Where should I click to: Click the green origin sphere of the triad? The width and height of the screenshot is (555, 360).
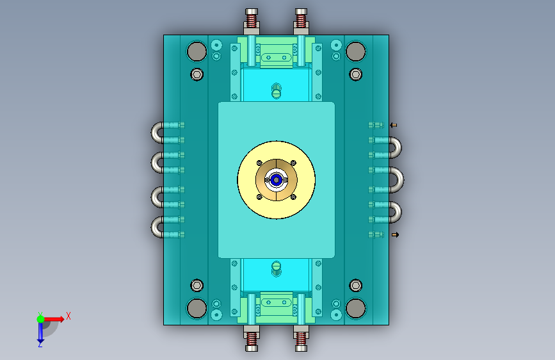41,319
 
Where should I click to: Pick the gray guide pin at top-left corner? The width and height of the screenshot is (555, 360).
197,51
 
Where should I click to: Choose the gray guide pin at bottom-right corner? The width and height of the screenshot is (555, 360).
356,308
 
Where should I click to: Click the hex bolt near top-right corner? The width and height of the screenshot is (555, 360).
356,74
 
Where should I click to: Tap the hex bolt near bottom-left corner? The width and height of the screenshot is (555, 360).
197,285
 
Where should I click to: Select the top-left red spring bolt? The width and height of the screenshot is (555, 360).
252,19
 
